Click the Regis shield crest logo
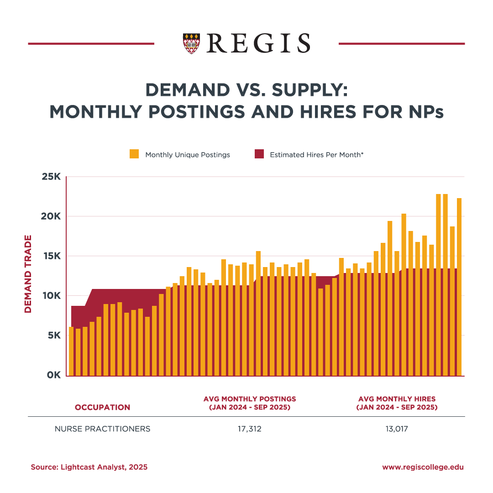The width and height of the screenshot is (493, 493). [x=191, y=43]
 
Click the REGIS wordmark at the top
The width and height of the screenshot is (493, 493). [x=258, y=43]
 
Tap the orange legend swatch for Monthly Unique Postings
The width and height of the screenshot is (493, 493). [x=134, y=154]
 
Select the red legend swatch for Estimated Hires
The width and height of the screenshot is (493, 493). [x=259, y=154]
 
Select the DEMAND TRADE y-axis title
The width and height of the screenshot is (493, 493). [x=28, y=274]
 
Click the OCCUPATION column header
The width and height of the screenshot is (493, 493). [x=102, y=407]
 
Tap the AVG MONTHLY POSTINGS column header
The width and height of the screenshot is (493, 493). [x=250, y=403]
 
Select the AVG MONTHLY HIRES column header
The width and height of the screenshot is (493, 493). [x=397, y=403]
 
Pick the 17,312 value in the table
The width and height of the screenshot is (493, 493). [x=250, y=429]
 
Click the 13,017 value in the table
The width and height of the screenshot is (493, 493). [x=397, y=429]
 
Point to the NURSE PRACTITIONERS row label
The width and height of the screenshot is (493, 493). [x=102, y=429]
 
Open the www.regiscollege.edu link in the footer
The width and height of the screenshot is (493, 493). [x=423, y=467]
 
